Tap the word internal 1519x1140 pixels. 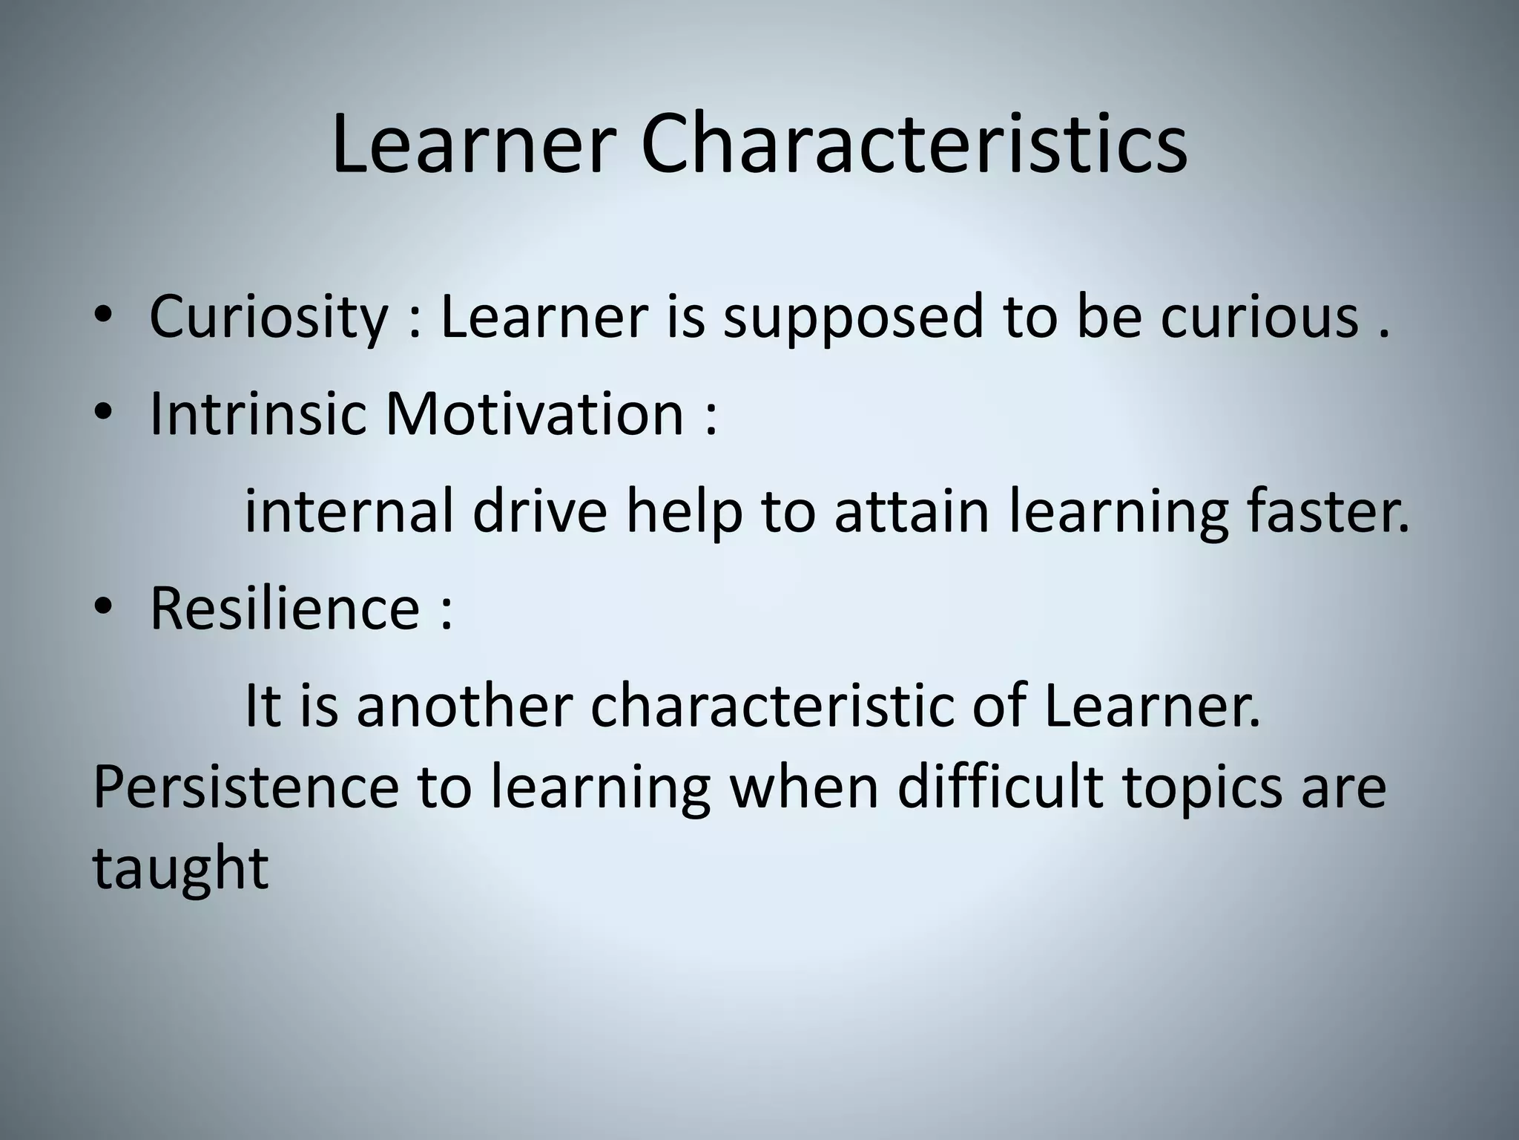point(349,511)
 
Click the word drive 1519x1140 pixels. point(540,511)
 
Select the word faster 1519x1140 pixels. point(1328,511)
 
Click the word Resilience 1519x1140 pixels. point(286,609)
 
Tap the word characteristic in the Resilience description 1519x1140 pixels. point(771,706)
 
